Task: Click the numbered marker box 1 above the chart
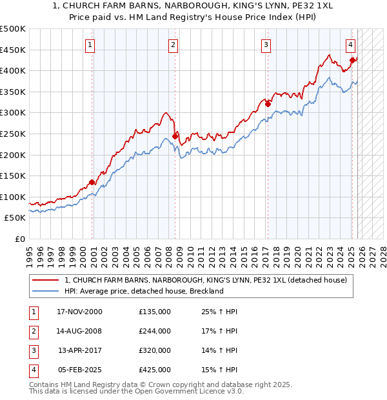(90, 45)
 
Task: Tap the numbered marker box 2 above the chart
(174, 45)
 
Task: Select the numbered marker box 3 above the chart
(266, 45)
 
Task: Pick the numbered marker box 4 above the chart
(350, 45)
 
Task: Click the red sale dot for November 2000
(92, 182)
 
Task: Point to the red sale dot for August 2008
(175, 136)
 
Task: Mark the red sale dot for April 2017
(268, 104)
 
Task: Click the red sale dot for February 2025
(352, 60)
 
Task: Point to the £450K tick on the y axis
(13, 50)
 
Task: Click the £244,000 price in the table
(155, 331)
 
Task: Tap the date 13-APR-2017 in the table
(80, 350)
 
